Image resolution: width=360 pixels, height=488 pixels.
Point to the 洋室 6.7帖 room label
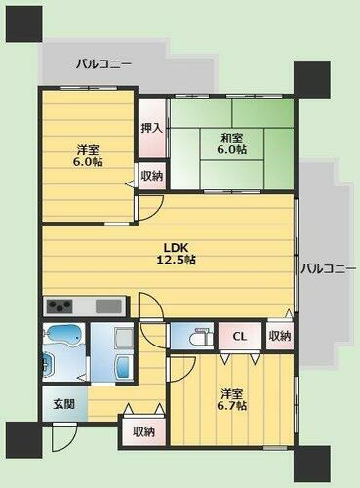pos(231,399)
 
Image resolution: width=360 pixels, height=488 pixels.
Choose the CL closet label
pos(238,336)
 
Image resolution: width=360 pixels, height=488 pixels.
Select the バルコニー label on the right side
pos(327,268)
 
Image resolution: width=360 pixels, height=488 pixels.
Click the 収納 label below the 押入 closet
pos(151,177)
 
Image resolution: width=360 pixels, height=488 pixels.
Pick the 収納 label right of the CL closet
pos(279,336)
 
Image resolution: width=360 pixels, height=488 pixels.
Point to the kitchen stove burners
pos(57,305)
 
